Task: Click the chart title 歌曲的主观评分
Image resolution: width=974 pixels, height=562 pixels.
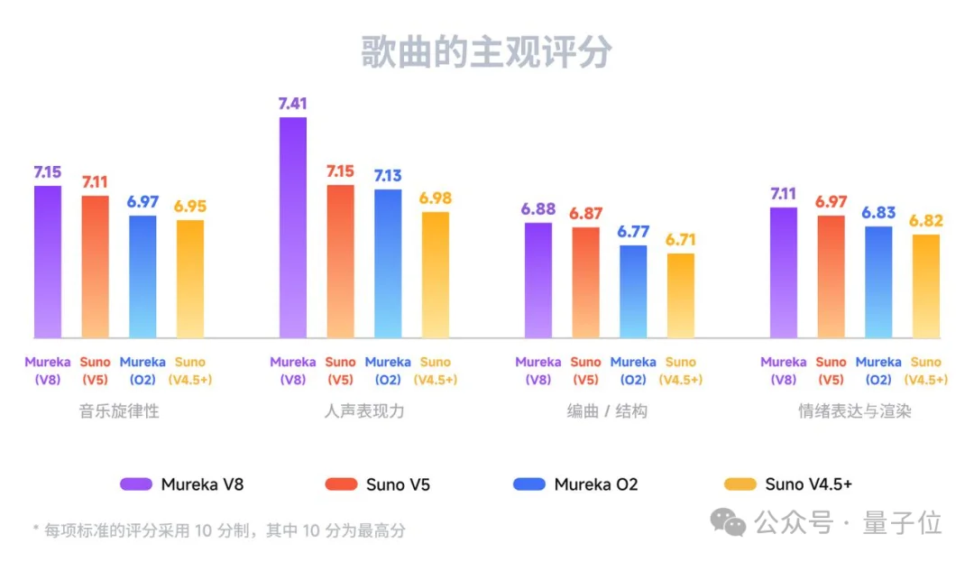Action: tap(486, 52)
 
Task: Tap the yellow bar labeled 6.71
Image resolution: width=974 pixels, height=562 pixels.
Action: tap(681, 296)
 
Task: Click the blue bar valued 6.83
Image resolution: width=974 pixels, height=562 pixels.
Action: tap(878, 282)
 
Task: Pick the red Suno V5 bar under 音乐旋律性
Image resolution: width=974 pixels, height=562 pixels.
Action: tap(95, 267)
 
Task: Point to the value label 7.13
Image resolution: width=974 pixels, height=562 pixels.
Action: tap(387, 175)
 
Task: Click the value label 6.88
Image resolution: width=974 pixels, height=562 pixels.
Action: tap(538, 208)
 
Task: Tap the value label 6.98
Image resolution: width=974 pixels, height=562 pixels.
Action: tap(435, 198)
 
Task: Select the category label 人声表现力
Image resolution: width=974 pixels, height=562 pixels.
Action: tap(364, 411)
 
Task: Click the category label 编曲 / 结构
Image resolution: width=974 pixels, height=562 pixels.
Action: tap(607, 411)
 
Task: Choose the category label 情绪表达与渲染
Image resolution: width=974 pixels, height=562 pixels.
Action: tap(854, 411)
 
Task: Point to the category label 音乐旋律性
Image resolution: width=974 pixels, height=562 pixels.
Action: tap(119, 411)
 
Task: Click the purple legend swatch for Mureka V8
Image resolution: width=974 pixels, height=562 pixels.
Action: tap(135, 484)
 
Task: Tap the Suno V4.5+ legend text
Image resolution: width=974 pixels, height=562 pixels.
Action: tap(808, 484)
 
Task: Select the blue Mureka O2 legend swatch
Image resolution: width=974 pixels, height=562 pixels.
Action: tap(529, 484)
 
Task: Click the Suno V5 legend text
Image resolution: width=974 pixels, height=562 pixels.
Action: tap(398, 484)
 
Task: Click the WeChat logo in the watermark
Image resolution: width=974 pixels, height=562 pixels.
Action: tap(728, 521)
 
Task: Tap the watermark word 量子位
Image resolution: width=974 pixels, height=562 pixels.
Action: tap(902, 522)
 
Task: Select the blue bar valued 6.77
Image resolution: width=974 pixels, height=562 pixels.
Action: tap(633, 291)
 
